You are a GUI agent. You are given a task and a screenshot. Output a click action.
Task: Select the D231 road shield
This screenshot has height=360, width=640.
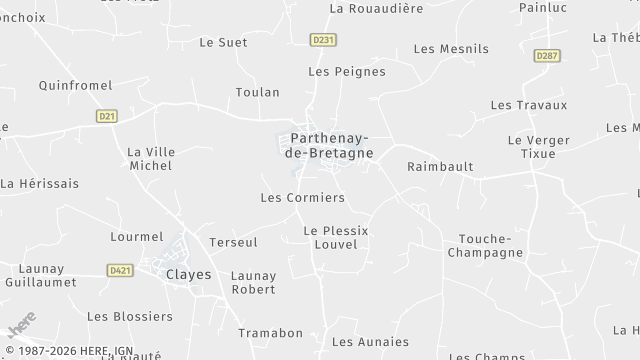pos(322,40)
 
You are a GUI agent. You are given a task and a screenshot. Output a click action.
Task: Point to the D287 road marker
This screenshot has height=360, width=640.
pos(547,56)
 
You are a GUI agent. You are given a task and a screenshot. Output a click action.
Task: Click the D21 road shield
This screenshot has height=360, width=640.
pos(107,116)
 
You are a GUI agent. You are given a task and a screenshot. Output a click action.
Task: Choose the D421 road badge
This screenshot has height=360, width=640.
pos(121,270)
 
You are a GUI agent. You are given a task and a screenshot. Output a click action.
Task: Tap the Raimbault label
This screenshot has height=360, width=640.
pos(440,167)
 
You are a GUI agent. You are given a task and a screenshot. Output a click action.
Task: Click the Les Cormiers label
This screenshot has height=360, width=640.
pos(302,198)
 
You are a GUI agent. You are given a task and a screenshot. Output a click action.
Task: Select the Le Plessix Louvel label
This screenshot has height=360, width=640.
pos(335,237)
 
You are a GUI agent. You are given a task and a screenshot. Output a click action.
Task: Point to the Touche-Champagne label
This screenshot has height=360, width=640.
pos(490,245)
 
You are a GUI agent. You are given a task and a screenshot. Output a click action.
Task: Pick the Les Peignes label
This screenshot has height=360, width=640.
pos(346,72)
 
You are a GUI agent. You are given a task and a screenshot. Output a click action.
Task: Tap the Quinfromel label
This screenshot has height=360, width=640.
pos(75,86)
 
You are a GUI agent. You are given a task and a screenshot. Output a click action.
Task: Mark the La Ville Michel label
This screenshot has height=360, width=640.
pos(151,158)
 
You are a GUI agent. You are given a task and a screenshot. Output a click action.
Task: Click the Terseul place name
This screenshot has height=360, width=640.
pos(233,242)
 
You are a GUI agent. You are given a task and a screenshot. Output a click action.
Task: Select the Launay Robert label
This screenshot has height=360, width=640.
pos(253,282)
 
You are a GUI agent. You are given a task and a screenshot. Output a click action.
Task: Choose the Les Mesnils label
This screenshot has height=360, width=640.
pos(451,48)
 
